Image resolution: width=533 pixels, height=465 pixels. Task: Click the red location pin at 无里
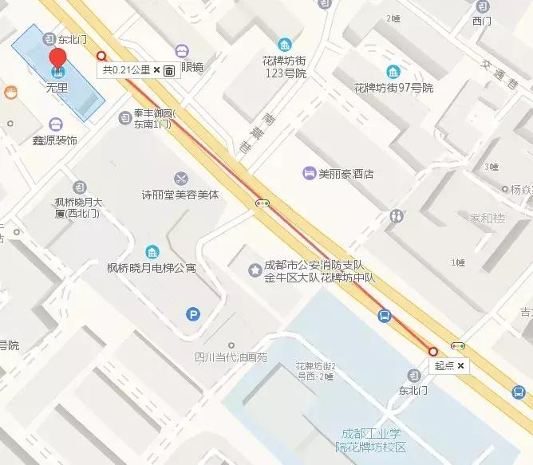tap(57, 59)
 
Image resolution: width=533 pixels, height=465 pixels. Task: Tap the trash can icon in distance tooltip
tap(169, 70)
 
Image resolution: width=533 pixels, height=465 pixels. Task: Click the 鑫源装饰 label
tap(54, 141)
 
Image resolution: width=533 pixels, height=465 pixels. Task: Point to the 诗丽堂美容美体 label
tap(180, 195)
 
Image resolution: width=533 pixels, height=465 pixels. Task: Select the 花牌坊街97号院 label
tap(394, 88)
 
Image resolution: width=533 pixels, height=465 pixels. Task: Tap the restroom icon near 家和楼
tap(397, 215)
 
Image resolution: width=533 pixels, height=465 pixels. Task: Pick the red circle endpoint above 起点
tap(433, 351)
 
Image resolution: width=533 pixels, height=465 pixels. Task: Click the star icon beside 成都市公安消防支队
tap(255, 270)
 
